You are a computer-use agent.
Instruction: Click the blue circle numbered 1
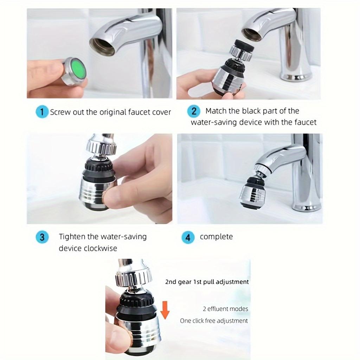tap(42, 112)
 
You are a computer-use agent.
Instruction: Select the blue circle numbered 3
tap(42, 237)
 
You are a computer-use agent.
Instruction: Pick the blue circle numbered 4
tap(188, 237)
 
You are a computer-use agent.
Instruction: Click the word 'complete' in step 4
tap(216, 237)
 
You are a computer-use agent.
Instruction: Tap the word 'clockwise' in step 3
tap(101, 248)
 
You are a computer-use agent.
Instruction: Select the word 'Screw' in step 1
tap(60, 112)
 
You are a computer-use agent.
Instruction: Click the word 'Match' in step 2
tap(216, 111)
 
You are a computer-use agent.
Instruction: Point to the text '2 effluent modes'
tap(225, 309)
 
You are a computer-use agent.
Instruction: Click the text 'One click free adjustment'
tap(214, 321)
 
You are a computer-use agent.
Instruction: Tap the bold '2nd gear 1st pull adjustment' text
tap(207, 282)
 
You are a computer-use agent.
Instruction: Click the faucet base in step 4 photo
tap(306, 206)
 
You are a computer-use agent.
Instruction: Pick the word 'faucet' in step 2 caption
tap(305, 122)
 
